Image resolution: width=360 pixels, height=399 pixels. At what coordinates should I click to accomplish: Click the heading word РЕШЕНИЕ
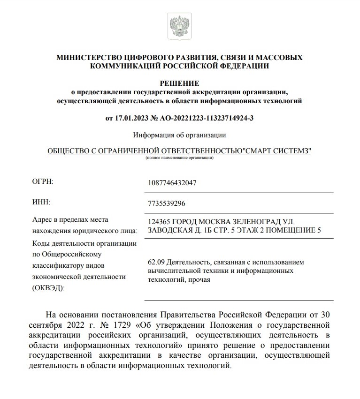coord(179,83)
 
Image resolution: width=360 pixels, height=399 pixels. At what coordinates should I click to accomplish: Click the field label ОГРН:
coord(43,181)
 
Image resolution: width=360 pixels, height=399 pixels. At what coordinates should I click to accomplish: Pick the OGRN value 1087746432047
coord(172,182)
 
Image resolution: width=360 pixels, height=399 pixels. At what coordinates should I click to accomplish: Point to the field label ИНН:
coord(41,202)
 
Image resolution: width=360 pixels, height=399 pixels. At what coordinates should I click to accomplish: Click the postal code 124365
coord(159,221)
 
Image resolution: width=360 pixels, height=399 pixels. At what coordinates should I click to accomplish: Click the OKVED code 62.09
coord(156,262)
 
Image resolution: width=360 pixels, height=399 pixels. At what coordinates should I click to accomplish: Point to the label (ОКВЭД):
coord(49,287)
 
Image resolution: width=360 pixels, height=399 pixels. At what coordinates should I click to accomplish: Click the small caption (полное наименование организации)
coord(179,158)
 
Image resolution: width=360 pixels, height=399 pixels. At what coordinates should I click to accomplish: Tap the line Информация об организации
coord(179,135)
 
